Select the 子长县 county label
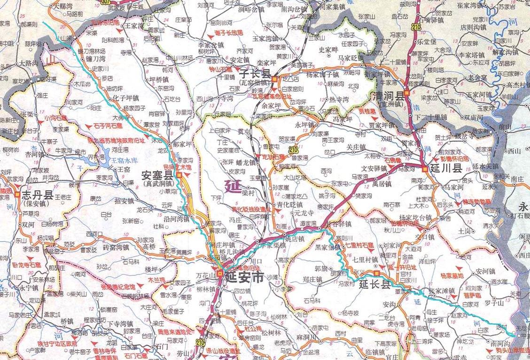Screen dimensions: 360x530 point(255,74)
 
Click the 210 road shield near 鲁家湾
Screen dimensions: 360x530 point(294,149)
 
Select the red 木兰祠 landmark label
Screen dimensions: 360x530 point(157,280)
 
